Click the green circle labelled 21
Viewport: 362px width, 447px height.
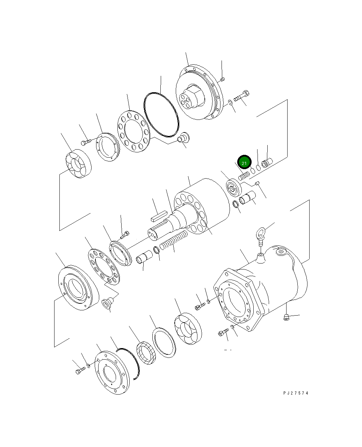click(244, 163)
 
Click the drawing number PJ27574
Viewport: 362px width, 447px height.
click(296, 393)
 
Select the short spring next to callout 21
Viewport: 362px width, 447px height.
click(244, 175)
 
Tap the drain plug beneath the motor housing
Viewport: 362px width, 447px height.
click(286, 317)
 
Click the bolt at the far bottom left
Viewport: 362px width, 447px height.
click(80, 370)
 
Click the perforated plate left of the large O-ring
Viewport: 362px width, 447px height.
click(133, 132)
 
